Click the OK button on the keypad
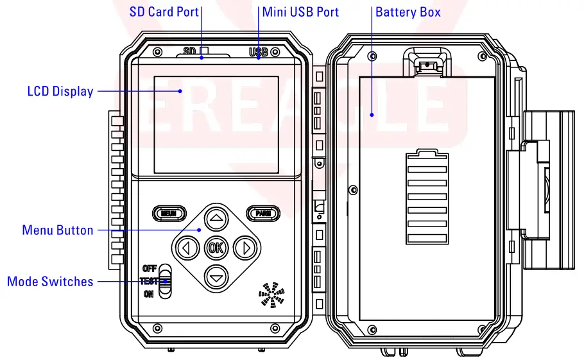pyautogui.click(x=216, y=247)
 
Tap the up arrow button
pyautogui.click(x=216, y=218)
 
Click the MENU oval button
pyautogui.click(x=169, y=213)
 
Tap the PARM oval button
pyautogui.click(x=262, y=213)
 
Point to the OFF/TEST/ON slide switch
pyautogui.click(x=166, y=281)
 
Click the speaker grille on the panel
pyautogui.click(x=271, y=294)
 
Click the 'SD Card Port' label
pyautogui.click(x=164, y=12)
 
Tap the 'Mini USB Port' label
pyautogui.click(x=300, y=12)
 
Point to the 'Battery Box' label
pyautogui.click(x=408, y=12)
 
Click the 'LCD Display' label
pyautogui.click(x=60, y=91)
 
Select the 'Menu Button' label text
pyautogui.click(x=57, y=230)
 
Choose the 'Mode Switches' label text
pyautogui.click(x=50, y=281)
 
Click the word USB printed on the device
pyautogui.click(x=258, y=52)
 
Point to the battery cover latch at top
pyautogui.click(x=424, y=64)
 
